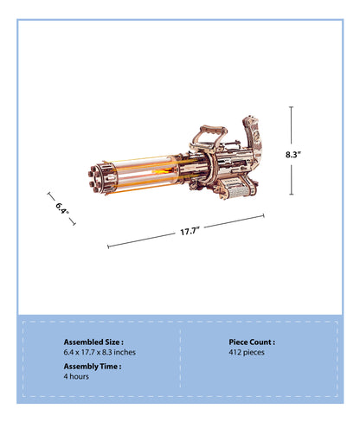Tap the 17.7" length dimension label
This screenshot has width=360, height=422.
point(190,232)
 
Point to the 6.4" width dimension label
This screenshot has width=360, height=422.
point(61,208)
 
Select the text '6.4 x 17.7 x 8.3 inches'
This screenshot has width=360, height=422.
point(100,353)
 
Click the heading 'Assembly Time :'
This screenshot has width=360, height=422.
point(93,367)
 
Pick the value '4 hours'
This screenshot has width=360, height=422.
point(76,378)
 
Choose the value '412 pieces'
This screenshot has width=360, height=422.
point(247,353)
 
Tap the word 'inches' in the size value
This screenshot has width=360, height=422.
point(123,353)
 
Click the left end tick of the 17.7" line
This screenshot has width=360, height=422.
point(107,246)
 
